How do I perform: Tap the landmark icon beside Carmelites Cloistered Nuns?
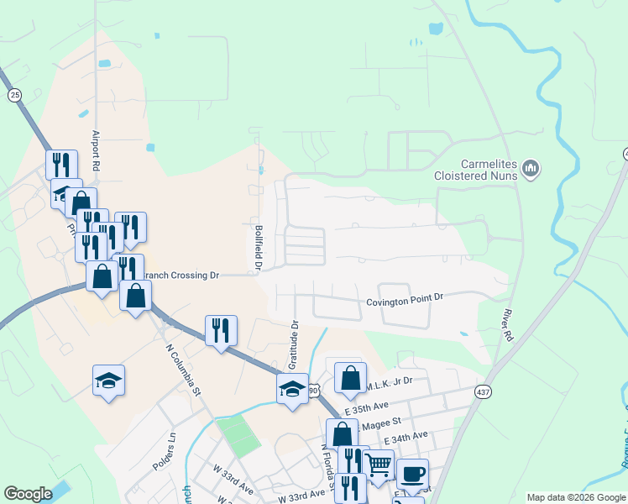click(530, 170)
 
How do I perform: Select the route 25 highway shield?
click(14, 96)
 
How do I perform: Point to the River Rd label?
click(505, 323)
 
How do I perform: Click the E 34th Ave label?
click(405, 438)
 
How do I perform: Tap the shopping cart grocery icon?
click(378, 464)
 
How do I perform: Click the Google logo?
click(28, 494)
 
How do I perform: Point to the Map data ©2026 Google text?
click(576, 497)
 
